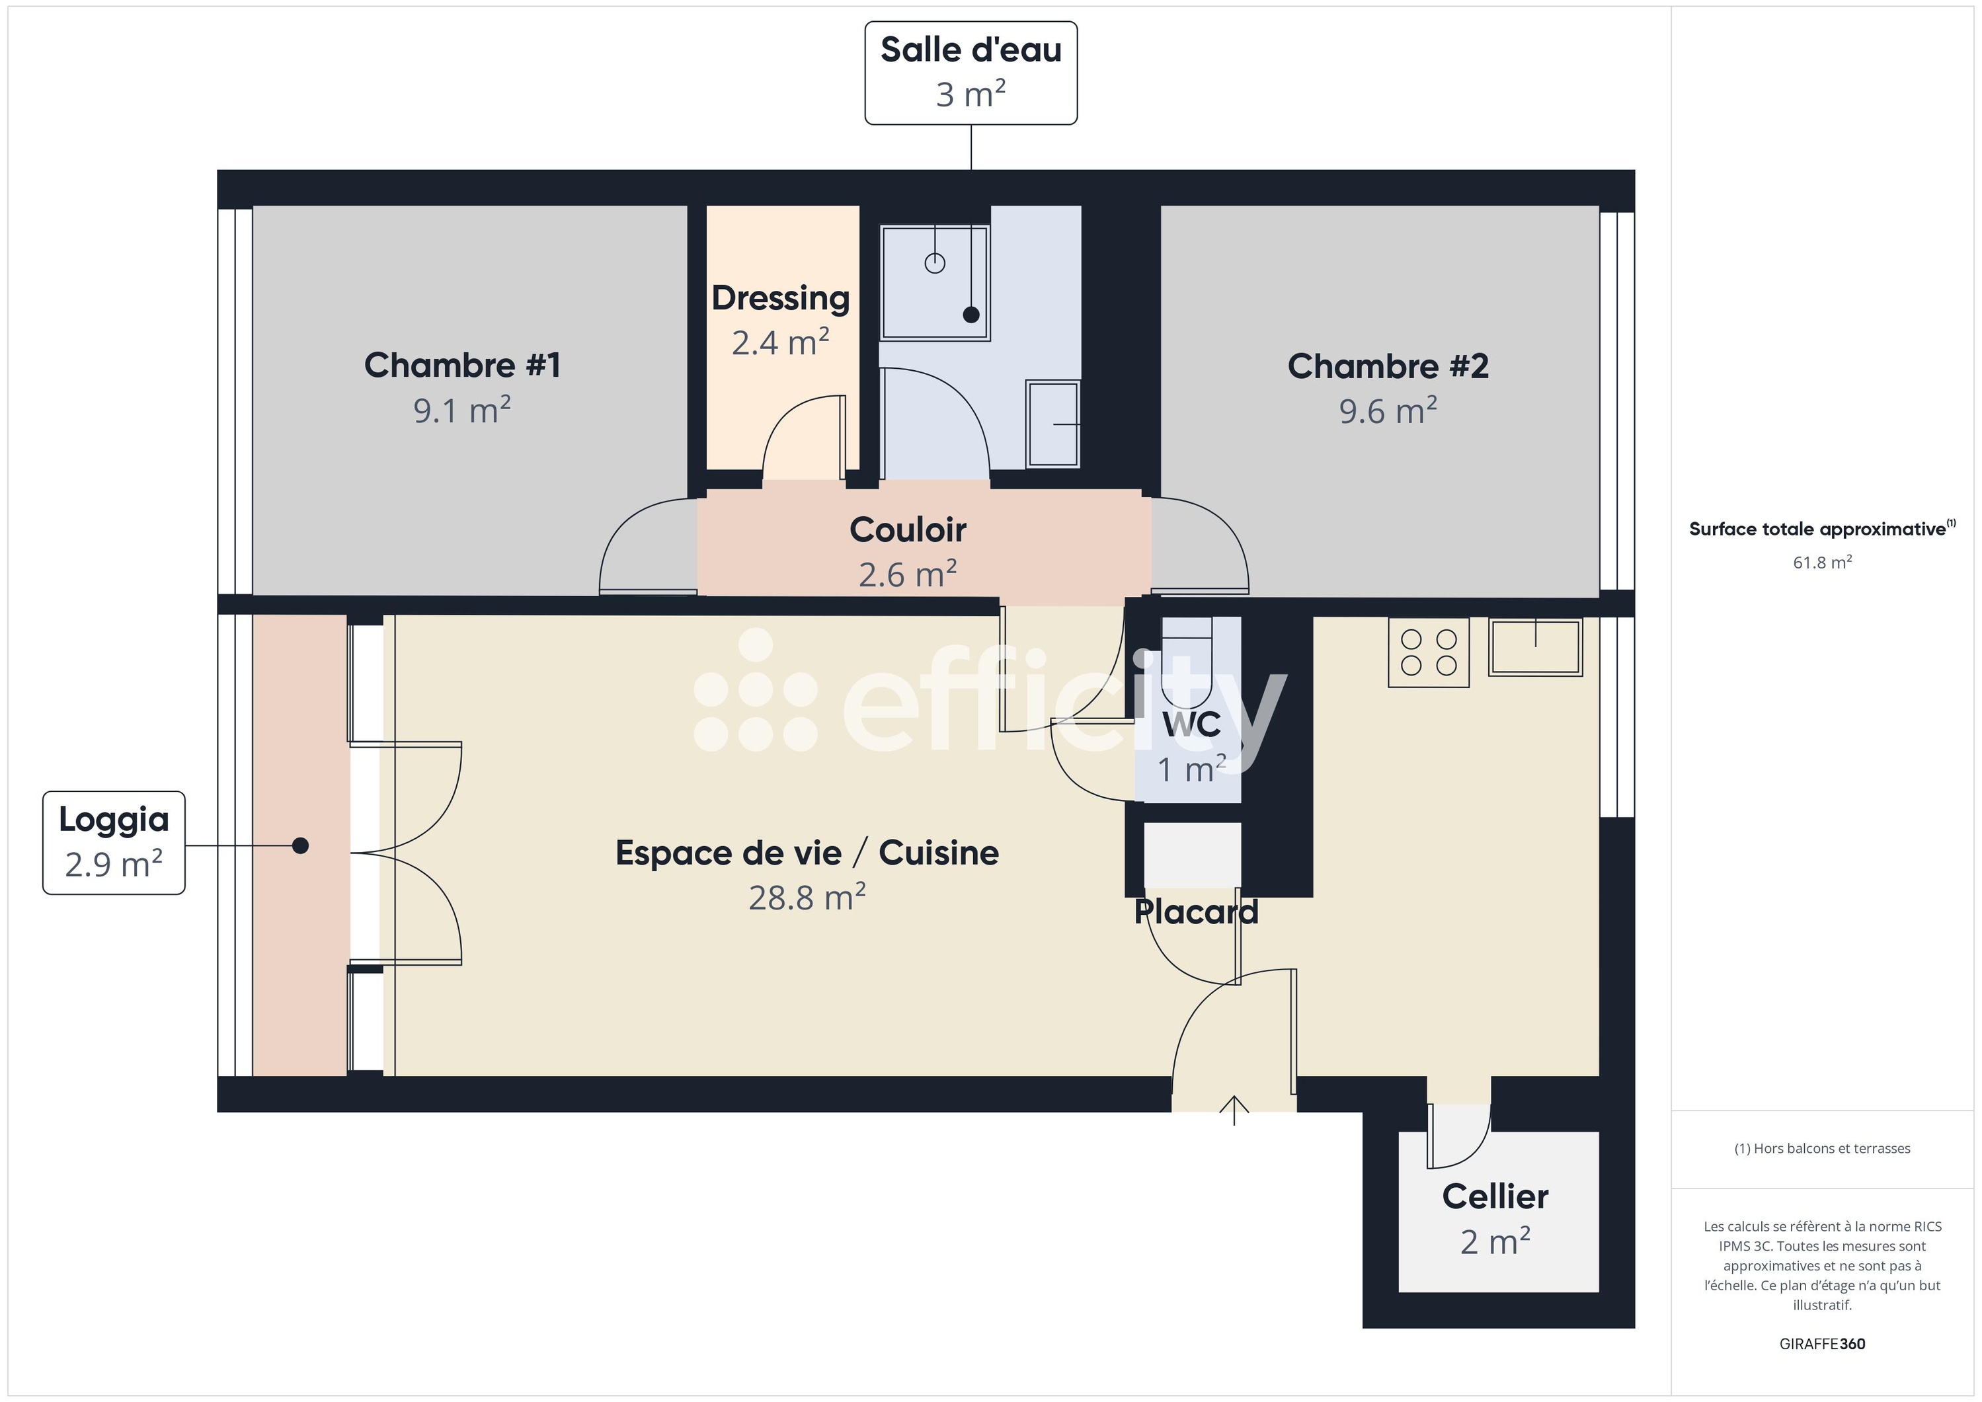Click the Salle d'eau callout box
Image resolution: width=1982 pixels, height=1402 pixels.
(x=971, y=73)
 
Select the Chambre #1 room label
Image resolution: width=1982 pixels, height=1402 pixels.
(x=462, y=365)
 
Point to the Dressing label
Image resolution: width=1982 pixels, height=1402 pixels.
(x=780, y=298)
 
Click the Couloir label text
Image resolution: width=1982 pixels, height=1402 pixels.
(x=907, y=529)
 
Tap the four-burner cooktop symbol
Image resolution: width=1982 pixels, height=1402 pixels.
(x=1428, y=652)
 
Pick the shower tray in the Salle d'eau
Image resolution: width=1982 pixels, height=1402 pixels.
(x=934, y=282)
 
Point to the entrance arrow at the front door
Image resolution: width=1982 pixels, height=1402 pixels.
(x=1234, y=1109)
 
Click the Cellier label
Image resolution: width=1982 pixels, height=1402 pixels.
(x=1495, y=1196)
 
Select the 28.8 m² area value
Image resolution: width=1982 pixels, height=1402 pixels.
(x=807, y=898)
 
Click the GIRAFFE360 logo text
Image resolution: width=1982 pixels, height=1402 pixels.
(x=1821, y=1343)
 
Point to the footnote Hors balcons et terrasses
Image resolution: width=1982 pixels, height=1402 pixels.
(x=1821, y=1148)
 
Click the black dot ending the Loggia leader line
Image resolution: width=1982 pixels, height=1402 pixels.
(x=300, y=845)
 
